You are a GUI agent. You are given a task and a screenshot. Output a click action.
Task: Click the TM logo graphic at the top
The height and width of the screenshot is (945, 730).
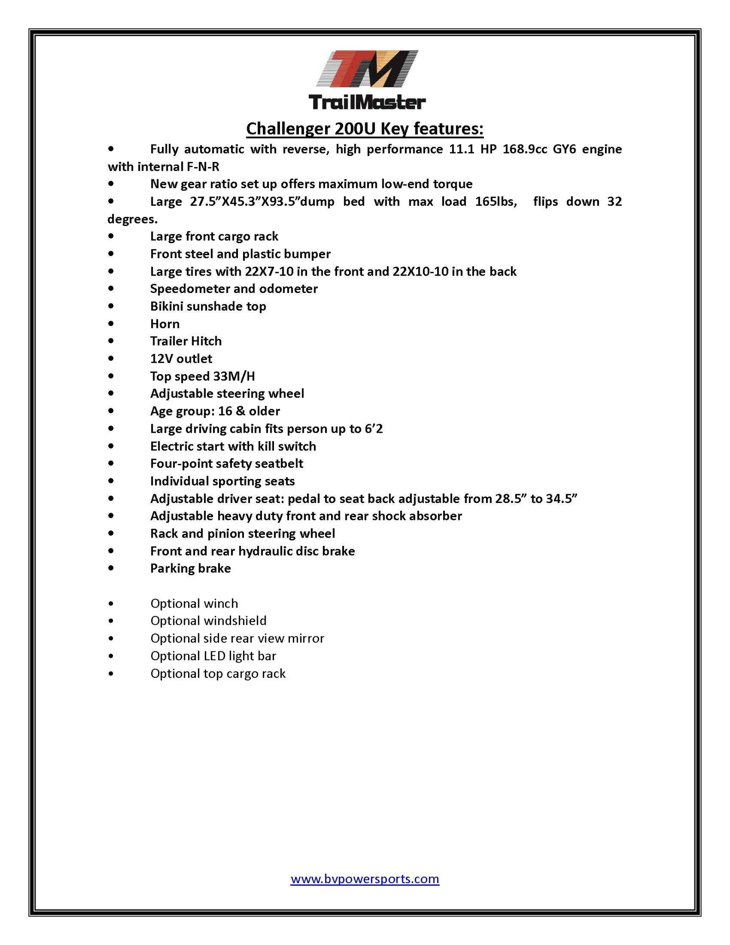(x=367, y=69)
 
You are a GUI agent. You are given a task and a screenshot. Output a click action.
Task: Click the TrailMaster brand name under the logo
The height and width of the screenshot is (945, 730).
(x=367, y=102)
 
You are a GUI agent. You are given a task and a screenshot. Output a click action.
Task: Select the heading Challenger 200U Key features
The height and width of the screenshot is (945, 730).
(x=364, y=129)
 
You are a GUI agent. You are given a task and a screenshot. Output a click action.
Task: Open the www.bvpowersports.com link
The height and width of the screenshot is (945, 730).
(x=365, y=879)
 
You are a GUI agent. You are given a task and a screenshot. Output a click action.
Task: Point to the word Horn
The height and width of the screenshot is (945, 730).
(x=165, y=324)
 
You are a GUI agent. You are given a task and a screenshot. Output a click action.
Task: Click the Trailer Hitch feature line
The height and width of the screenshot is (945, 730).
(x=186, y=341)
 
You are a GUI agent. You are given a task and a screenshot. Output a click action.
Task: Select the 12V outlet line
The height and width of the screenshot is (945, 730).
(x=181, y=359)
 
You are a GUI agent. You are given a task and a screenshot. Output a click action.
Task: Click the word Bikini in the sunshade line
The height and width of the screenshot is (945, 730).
(x=167, y=306)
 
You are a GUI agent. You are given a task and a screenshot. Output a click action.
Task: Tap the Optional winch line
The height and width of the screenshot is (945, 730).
(x=194, y=604)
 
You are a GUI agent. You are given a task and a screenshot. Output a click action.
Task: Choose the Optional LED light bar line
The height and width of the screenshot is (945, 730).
(x=213, y=656)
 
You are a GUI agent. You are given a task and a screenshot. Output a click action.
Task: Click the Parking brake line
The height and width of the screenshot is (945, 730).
(x=190, y=568)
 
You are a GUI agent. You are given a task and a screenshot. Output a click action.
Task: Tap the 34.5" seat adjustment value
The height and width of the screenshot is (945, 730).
(x=562, y=499)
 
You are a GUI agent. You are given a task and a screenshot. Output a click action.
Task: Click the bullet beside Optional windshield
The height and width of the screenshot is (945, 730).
(x=111, y=621)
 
